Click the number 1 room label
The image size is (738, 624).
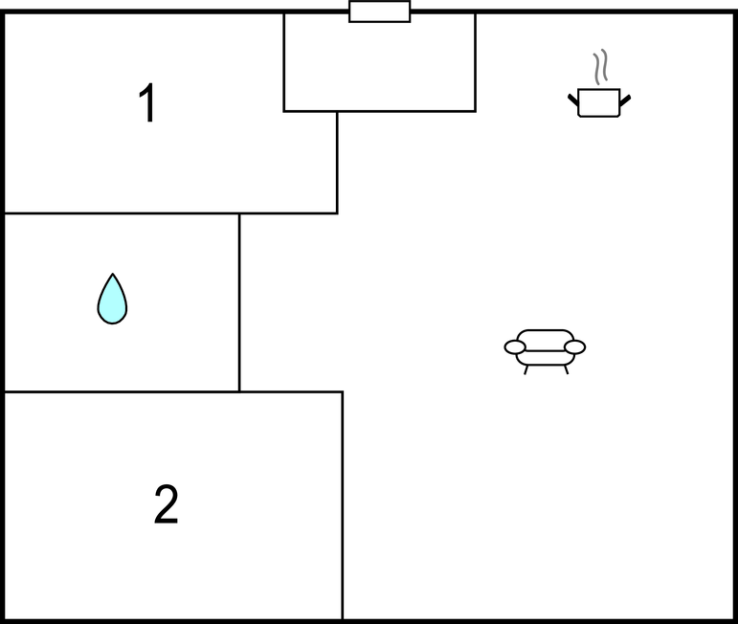(147, 102)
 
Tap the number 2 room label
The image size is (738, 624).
(167, 504)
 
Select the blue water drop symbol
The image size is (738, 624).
(112, 300)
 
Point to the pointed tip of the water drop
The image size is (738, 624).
(113, 274)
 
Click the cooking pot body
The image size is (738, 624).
(598, 102)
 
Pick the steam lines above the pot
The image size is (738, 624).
(600, 67)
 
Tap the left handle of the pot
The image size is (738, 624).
(573, 100)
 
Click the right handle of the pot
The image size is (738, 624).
(625, 100)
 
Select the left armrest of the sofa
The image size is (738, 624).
(515, 347)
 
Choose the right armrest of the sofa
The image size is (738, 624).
(574, 347)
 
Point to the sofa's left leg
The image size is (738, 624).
(526, 369)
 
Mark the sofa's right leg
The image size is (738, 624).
(567, 369)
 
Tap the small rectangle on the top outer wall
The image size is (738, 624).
(379, 11)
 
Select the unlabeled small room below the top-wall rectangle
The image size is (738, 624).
(379, 62)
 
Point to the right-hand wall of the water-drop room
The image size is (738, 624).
(239, 302)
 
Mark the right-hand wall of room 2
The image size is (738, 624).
(342, 505)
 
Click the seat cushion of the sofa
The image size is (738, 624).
(545, 358)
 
